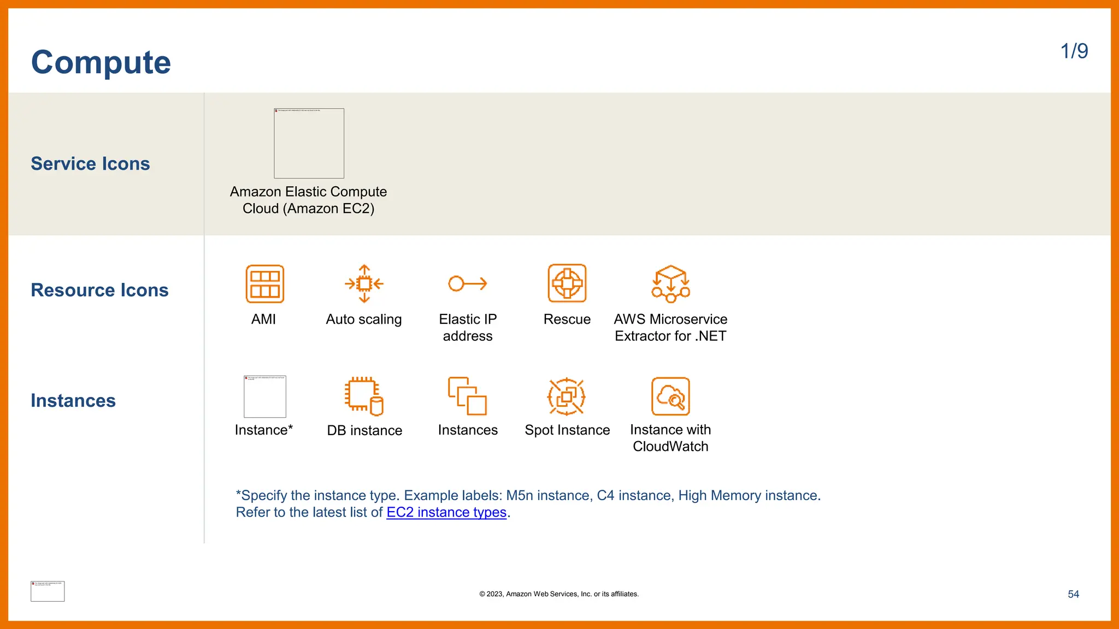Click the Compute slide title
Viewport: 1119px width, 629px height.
tap(101, 62)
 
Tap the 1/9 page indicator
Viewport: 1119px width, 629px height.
tap(1074, 51)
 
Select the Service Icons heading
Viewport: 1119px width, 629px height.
tap(90, 164)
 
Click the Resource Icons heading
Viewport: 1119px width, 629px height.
tap(99, 290)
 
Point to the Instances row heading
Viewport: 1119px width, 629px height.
tap(73, 401)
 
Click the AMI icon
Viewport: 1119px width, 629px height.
tap(265, 284)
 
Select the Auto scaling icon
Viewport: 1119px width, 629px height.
tap(364, 284)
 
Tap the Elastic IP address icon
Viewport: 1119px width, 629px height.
tap(468, 283)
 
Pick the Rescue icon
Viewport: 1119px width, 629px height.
tap(567, 283)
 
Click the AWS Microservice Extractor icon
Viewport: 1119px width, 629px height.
tap(670, 284)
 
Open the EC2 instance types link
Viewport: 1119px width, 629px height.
tap(446, 513)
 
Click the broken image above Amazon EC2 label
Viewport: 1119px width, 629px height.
tap(309, 144)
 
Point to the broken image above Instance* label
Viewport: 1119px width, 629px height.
tap(265, 397)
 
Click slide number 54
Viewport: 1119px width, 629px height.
tap(1073, 594)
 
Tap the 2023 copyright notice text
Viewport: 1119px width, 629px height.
tap(559, 594)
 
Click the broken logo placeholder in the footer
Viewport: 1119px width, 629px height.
tap(48, 591)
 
